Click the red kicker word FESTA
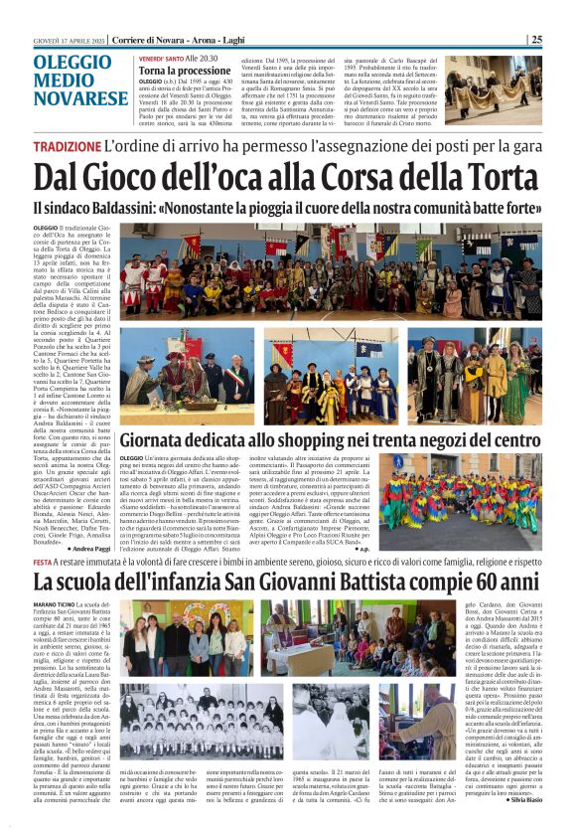pyautogui.click(x=45, y=561)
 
